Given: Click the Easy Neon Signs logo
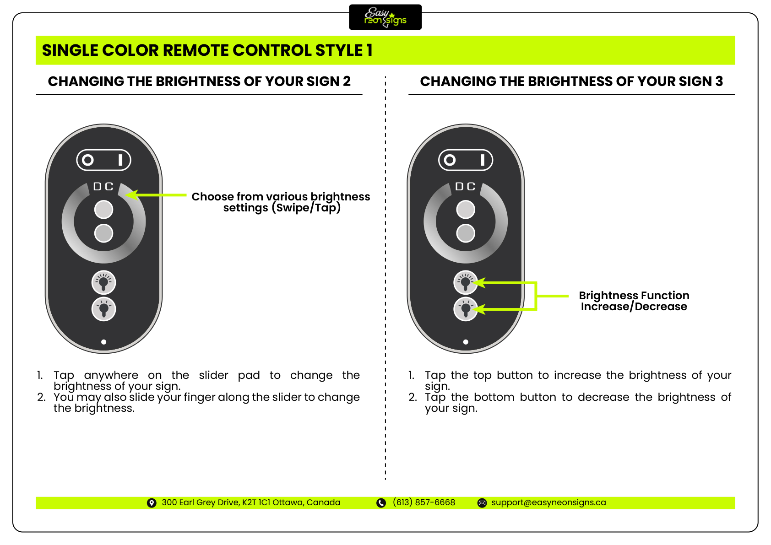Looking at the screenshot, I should click(385, 17).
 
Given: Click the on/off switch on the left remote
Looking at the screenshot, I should click(104, 160).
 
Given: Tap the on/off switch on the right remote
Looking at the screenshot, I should click(466, 160).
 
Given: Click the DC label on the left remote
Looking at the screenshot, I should click(103, 186).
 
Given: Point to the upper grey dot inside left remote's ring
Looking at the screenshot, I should click(104, 210).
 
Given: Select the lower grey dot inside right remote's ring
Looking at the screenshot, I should click(466, 233).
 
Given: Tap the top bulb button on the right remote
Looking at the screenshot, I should click(465, 282).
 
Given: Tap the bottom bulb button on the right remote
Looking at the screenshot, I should click(465, 309).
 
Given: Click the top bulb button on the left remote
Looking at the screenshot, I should click(104, 282).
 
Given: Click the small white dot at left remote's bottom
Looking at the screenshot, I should click(104, 342).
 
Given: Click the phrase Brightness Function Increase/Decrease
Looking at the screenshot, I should click(634, 301).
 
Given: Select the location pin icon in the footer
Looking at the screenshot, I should click(152, 503).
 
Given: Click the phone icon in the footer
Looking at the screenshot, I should click(381, 503).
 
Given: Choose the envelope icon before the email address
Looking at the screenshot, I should click(482, 503).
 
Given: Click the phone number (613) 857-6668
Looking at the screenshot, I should click(424, 502).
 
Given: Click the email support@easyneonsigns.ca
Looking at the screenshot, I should click(548, 502).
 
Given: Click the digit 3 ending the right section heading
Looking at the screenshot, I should click(719, 81).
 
